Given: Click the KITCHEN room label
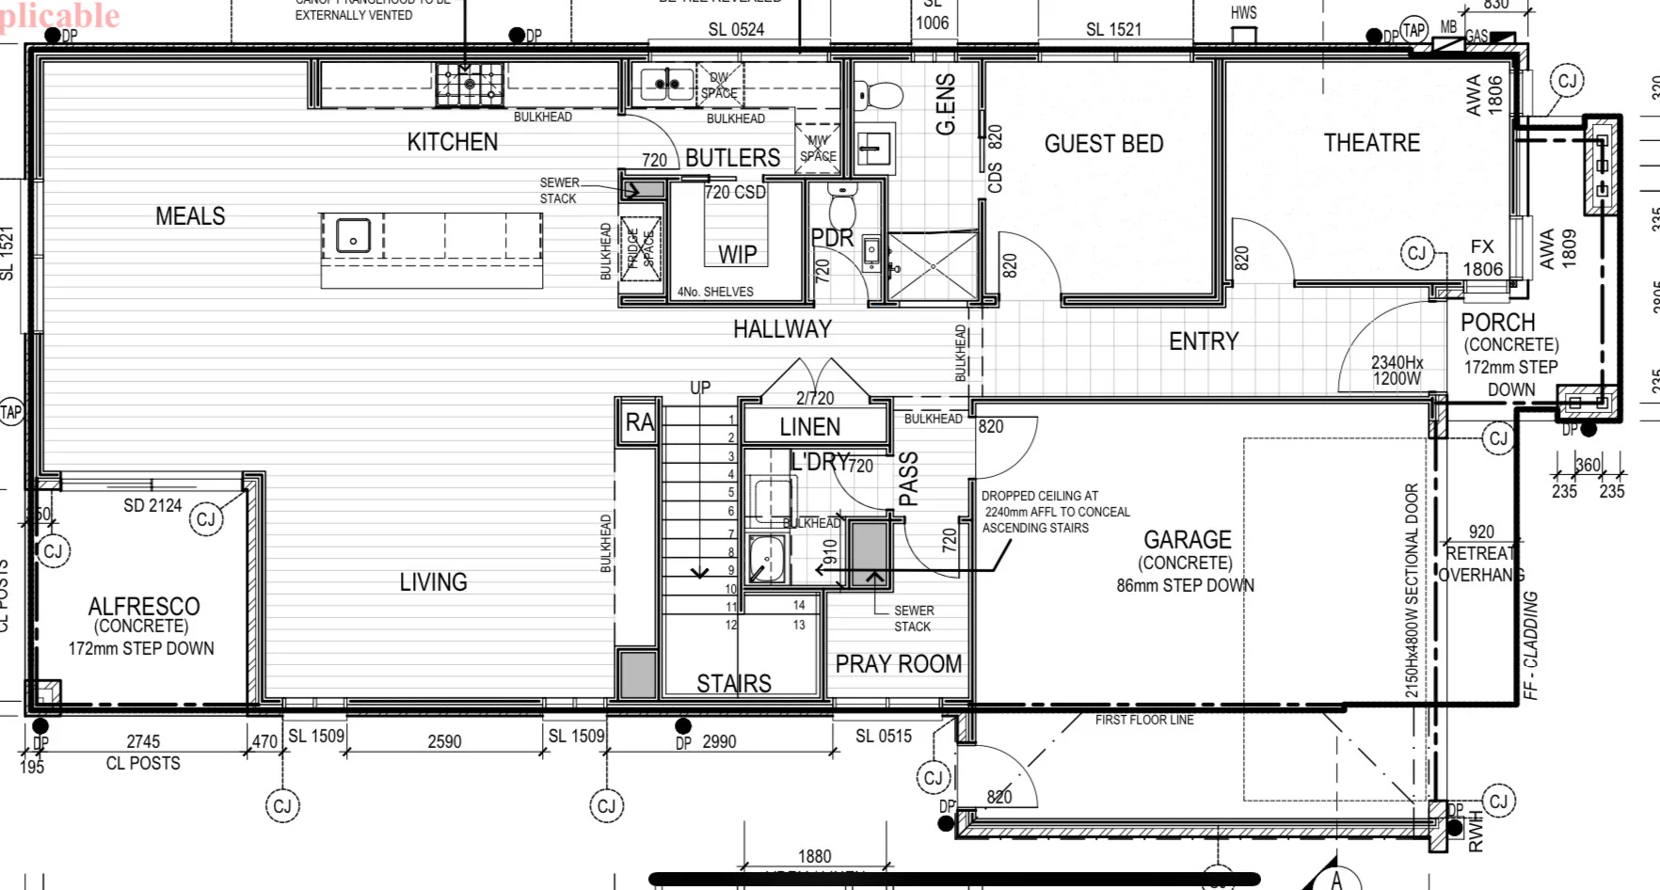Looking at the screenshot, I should [x=452, y=142].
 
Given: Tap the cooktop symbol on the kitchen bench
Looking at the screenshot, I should [x=470, y=85].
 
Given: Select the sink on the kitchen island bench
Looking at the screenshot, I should [x=353, y=234].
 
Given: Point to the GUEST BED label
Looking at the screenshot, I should [x=1104, y=144].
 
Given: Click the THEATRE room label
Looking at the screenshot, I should [x=1371, y=143].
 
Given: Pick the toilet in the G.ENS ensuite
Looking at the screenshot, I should [x=879, y=95].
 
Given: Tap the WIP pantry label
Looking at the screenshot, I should [x=737, y=254].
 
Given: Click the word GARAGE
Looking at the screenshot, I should [x=1187, y=540].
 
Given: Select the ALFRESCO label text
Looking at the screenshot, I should [x=144, y=606].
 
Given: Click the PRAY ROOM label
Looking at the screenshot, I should [x=898, y=664].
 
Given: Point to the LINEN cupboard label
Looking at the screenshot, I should [x=809, y=427].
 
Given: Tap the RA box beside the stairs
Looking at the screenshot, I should [x=639, y=423].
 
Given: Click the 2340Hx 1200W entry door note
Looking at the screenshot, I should [x=1397, y=370].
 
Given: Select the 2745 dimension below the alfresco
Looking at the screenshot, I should [x=143, y=741].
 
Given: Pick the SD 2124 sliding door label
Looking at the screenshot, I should [x=152, y=505].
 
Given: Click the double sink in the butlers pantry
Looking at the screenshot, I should [x=667, y=84].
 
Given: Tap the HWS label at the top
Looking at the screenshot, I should [x=1243, y=13].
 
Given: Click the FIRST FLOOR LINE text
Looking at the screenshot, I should [x=1143, y=720].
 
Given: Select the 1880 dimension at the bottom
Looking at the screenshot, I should [x=814, y=856].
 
